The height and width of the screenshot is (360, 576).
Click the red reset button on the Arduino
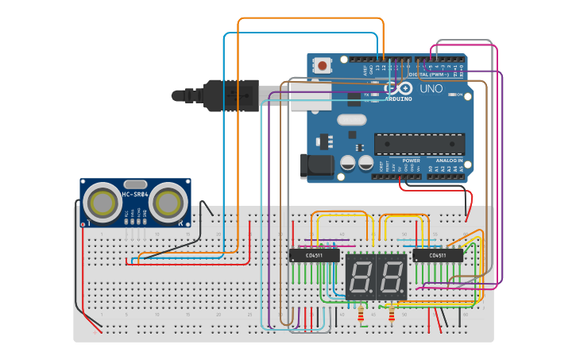click(323, 65)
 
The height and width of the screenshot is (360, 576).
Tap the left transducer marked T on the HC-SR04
click(102, 203)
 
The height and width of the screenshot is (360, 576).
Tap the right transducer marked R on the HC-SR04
click(168, 203)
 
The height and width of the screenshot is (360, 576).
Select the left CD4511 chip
click(314, 255)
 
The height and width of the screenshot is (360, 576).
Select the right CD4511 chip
click(438, 255)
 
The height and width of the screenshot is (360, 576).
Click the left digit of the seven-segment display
click(360, 277)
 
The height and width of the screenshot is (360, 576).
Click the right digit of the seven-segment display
click(392, 277)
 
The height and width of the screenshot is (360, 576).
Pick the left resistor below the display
click(361, 315)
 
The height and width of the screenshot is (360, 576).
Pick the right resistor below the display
click(392, 315)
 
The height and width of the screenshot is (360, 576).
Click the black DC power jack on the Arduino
click(315, 165)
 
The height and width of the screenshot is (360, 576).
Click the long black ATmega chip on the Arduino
click(419, 144)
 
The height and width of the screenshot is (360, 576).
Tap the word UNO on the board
click(431, 89)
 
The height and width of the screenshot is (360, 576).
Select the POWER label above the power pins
click(411, 160)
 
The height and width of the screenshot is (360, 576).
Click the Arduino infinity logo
click(400, 87)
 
